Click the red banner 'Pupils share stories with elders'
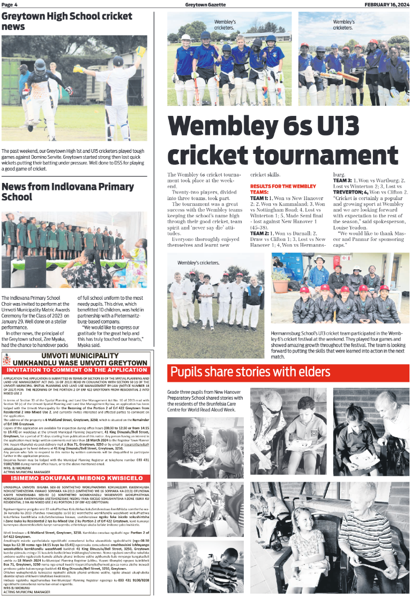[250, 372]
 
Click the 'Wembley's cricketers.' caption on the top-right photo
[343, 24]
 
